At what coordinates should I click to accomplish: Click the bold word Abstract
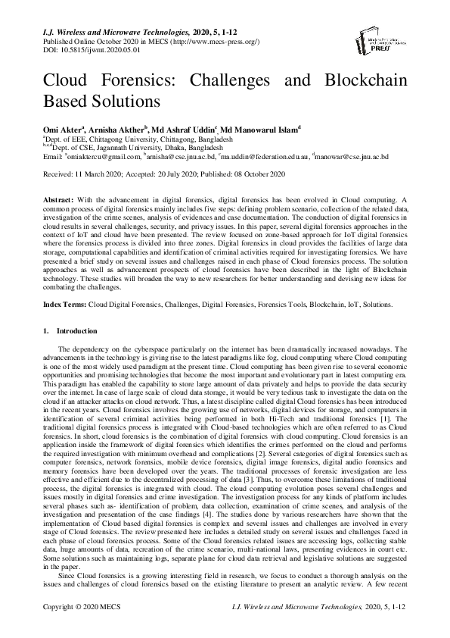[57, 198]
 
